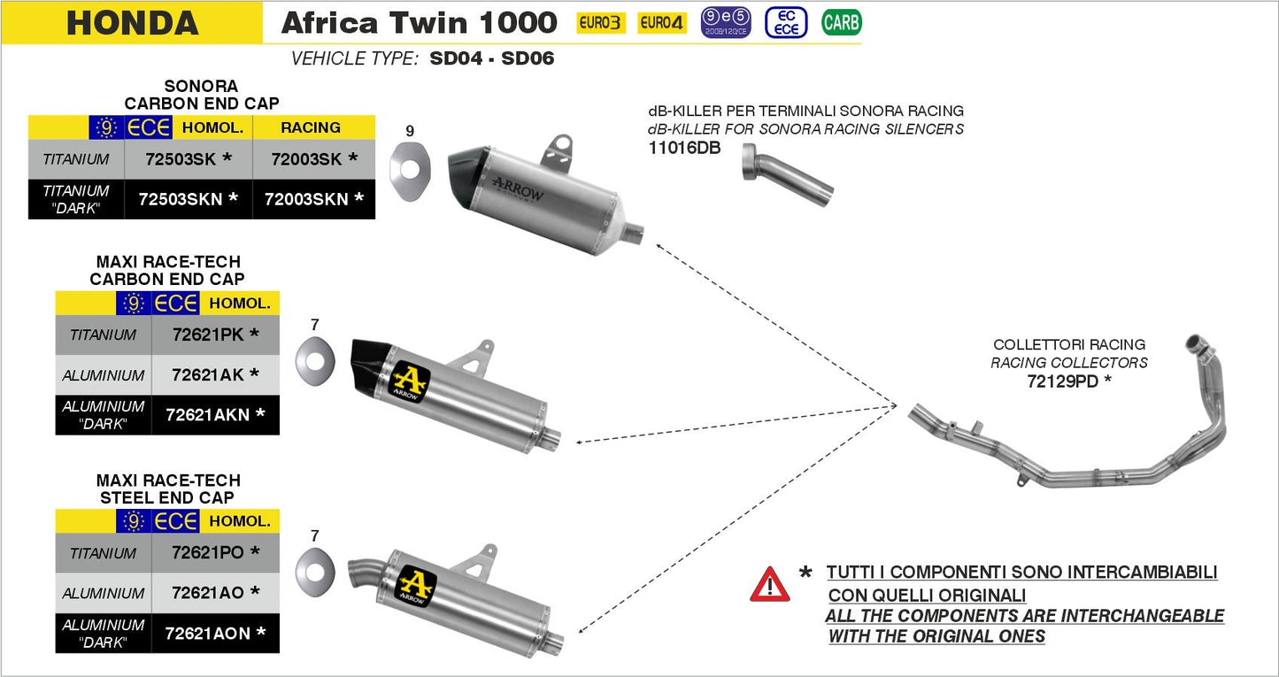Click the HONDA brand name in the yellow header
pos(132,23)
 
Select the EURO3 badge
pos(599,23)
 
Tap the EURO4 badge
pos(662,23)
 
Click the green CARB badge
pos(840,22)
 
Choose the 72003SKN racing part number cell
pos(314,199)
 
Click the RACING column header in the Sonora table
pos(311,127)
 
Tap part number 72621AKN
pos(215,414)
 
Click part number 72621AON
pos(215,633)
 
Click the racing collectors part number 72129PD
pos(1068,381)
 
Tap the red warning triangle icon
pos(769,585)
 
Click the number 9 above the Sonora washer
pos(409,131)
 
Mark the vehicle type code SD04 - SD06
pos(491,59)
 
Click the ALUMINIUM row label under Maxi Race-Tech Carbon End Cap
pos(104,375)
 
